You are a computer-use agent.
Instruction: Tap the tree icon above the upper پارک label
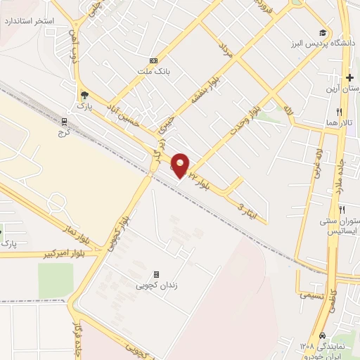[84, 95]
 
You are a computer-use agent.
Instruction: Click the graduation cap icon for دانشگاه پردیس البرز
[323, 33]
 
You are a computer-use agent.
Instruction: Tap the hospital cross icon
[349, 77]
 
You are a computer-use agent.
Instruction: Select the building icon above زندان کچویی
[156, 274]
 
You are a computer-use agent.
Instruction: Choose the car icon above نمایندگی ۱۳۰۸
[322, 335]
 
